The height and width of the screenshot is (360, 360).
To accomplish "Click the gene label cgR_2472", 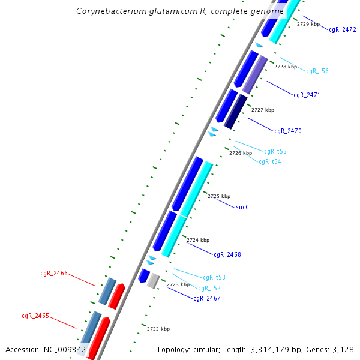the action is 343,29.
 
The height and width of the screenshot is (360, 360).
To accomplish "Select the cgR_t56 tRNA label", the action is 317,71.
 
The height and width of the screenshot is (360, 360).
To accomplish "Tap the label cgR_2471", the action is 307,95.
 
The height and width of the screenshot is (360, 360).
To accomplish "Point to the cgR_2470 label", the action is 288,131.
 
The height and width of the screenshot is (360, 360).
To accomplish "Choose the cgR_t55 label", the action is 275,151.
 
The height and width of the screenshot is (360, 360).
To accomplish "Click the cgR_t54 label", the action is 269,161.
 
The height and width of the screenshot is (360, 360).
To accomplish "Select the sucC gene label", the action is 242,207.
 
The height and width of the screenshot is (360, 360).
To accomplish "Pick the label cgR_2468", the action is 227,254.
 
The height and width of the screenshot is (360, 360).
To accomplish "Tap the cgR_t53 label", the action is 214,277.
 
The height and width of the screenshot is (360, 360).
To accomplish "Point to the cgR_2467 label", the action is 207,298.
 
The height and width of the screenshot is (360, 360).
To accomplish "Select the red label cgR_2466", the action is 54,273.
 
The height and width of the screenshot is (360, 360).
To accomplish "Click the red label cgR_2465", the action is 35,316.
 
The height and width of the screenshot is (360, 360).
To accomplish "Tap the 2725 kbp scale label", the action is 219,196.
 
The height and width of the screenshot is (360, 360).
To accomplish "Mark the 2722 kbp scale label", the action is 158,329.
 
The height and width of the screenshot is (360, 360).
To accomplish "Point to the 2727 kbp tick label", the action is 263,110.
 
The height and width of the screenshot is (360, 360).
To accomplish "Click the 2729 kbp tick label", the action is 308,24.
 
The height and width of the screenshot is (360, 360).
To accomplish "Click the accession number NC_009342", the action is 65,349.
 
